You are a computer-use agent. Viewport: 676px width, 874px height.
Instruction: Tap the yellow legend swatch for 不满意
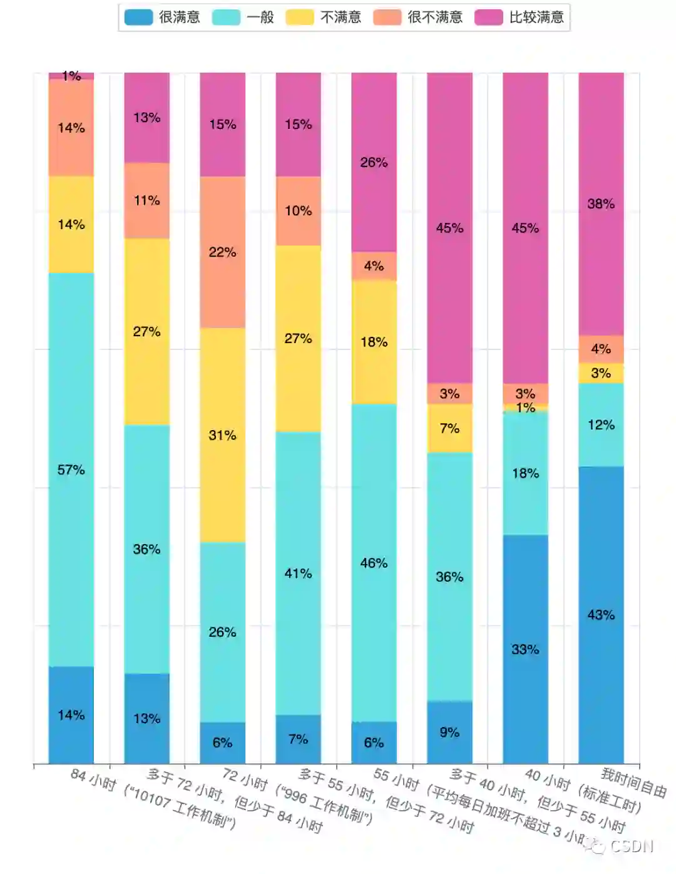[300, 17]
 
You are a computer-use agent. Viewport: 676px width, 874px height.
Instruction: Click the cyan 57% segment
[71, 470]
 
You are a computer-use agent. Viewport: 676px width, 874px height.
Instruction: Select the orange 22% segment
[223, 252]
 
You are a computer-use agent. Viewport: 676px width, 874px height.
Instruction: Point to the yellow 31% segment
[223, 435]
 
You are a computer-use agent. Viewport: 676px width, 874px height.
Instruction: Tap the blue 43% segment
[601, 615]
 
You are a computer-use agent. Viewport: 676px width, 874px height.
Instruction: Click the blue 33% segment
[525, 649]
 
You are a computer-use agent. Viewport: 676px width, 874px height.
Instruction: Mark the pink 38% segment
[601, 203]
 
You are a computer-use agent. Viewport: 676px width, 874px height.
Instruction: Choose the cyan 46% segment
[374, 563]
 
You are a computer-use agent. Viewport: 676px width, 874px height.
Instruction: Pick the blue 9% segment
[449, 732]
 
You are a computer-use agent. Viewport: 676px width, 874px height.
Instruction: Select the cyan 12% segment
[601, 424]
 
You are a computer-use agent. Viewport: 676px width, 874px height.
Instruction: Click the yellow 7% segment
[449, 428]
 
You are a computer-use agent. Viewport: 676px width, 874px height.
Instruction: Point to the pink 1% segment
[71, 76]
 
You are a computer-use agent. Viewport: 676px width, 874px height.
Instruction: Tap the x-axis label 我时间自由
[633, 783]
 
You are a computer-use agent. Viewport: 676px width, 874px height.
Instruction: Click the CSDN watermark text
[631, 846]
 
